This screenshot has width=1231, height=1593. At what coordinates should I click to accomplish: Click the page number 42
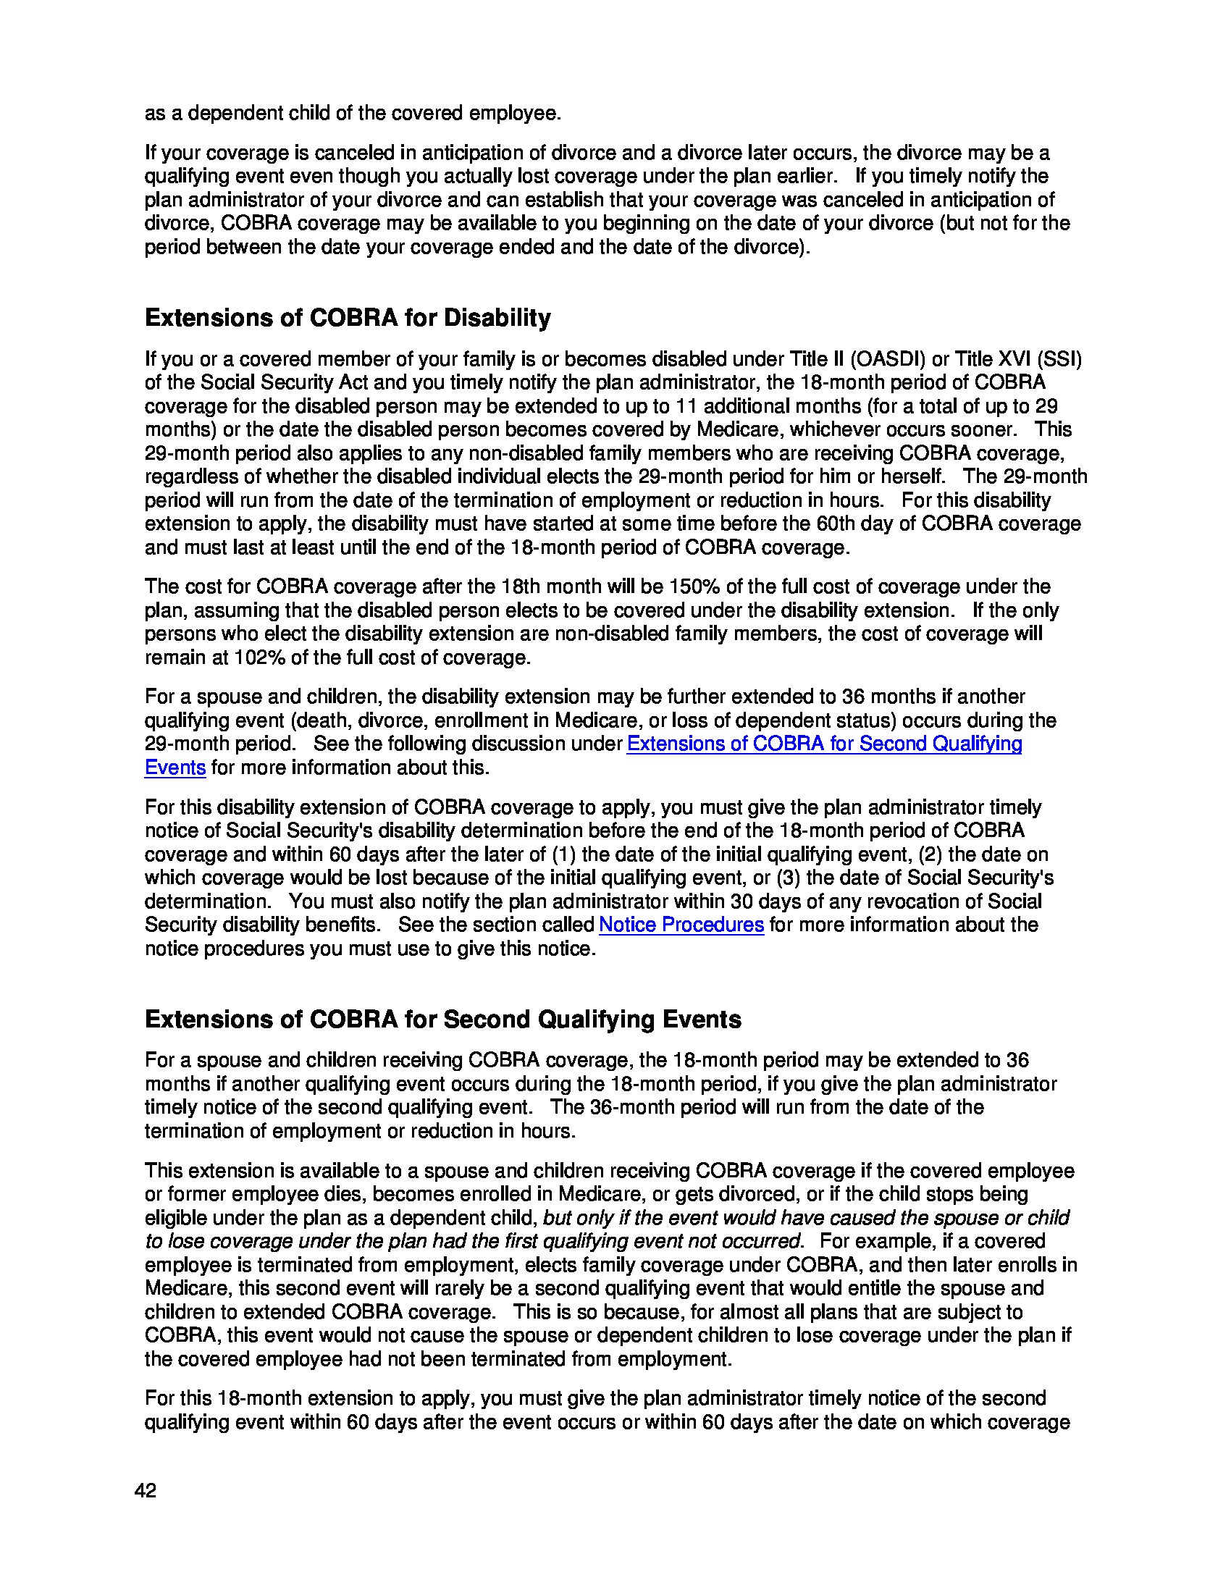[x=145, y=1491]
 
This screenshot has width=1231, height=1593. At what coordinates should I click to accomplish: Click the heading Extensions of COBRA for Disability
[x=348, y=318]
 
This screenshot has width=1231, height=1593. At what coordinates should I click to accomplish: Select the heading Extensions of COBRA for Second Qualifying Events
[x=442, y=1019]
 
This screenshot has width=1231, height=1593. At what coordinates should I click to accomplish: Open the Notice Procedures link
[x=681, y=925]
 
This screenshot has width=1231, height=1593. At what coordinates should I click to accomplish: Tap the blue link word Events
[x=175, y=768]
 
